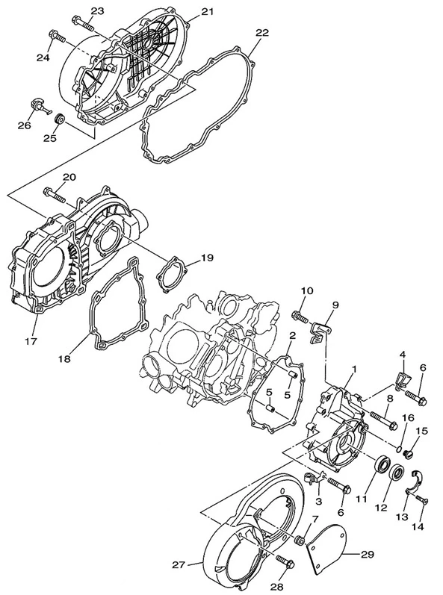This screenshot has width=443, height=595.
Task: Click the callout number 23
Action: click(x=97, y=10)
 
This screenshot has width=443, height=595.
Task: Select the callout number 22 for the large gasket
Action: click(x=261, y=33)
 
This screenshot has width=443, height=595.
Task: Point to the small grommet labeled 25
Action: click(x=60, y=119)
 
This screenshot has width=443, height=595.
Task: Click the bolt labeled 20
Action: click(x=55, y=194)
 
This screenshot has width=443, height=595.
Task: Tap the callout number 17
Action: click(x=31, y=341)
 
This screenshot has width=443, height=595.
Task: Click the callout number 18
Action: click(x=64, y=358)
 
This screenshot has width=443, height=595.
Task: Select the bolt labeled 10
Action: click(x=300, y=317)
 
